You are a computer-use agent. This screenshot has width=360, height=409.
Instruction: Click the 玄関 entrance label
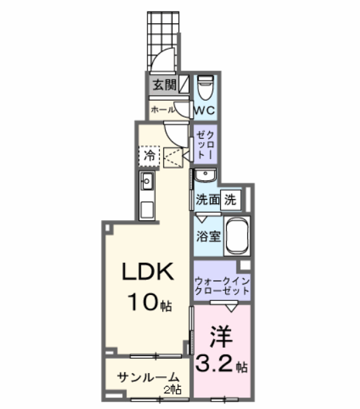click(161, 86)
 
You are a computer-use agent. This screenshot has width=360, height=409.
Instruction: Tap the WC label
click(204, 109)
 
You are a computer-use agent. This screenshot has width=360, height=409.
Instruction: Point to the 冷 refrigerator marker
click(148, 156)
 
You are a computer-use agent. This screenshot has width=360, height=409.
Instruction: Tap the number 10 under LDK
click(141, 299)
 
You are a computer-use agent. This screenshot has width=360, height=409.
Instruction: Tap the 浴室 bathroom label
click(206, 236)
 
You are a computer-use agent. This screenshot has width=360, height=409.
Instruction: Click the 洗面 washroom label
click(207, 200)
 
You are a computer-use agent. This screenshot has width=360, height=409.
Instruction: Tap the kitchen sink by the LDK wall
click(147, 181)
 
